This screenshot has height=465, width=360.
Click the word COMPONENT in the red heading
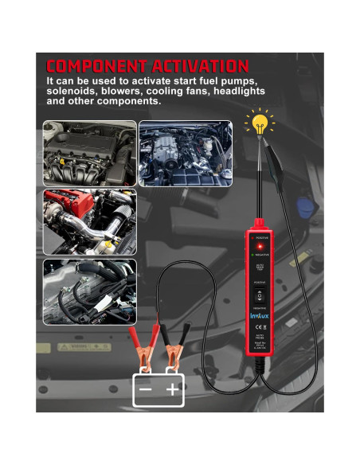94,66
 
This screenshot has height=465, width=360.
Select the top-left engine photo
89,153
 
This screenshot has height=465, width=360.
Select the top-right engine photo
185,153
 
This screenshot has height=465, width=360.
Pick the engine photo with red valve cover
89,221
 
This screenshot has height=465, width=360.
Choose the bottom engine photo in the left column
89,291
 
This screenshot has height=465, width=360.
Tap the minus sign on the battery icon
146,389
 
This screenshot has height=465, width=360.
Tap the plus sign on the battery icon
173,389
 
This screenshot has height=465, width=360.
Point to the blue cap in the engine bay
305,207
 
